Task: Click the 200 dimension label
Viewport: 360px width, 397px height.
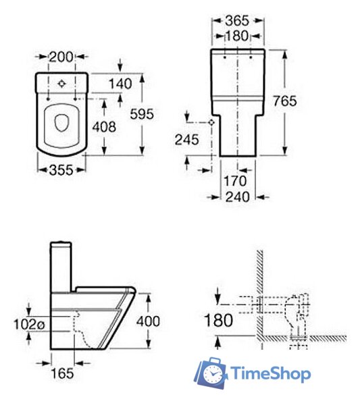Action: pyautogui.click(x=61, y=57)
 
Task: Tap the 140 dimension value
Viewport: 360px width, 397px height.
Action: pyautogui.click(x=120, y=84)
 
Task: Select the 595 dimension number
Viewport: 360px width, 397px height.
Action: pyautogui.click(x=142, y=114)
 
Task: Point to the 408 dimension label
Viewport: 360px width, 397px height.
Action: pyautogui.click(x=104, y=127)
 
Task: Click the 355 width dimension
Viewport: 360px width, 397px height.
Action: pyautogui.click(x=61, y=170)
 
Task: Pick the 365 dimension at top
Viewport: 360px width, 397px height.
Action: pyautogui.click(x=237, y=20)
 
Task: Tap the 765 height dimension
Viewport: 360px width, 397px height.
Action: pyautogui.click(x=284, y=101)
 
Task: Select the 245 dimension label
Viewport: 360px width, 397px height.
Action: pyautogui.click(x=187, y=140)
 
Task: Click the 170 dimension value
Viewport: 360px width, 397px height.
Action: pyautogui.click(x=235, y=181)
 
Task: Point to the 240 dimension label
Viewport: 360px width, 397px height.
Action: pyautogui.click(x=237, y=197)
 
